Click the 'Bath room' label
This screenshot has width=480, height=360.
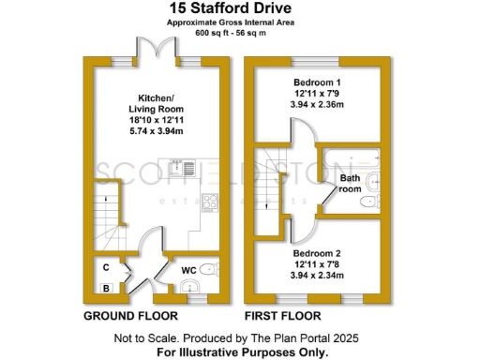pos(350,182)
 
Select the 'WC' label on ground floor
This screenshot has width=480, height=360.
pos(187,271)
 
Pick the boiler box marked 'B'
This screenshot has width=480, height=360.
pos(108,288)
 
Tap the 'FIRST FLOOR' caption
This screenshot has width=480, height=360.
pos(282,316)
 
